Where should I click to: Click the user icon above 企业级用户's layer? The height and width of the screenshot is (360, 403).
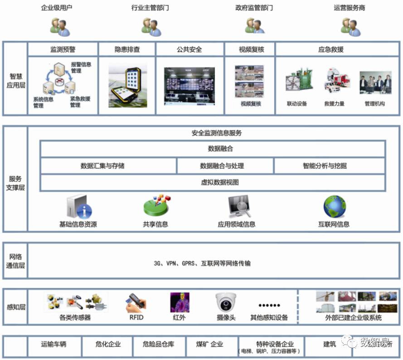point(60,27)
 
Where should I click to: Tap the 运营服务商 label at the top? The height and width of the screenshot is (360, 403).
point(349,8)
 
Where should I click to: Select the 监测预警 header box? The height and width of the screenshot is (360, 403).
point(63,49)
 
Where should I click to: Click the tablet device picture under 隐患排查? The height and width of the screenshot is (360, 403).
point(127,86)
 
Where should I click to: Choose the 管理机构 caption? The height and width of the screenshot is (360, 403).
point(374,104)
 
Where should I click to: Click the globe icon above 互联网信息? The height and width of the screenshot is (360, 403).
point(334,207)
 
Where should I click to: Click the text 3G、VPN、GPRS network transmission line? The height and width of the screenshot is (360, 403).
point(202,263)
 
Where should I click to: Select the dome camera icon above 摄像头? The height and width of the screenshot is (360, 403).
point(226,302)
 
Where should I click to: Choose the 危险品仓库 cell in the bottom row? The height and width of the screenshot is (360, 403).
point(158,344)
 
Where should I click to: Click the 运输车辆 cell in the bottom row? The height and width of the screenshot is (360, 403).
point(54,344)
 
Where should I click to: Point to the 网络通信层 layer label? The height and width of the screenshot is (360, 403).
point(15,261)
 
